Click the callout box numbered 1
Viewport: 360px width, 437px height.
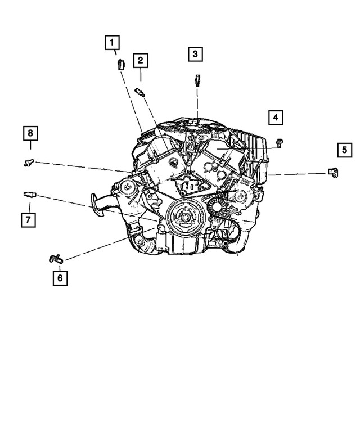coord(111,42)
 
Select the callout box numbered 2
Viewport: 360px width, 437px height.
coord(140,60)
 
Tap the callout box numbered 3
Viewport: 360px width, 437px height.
coord(195,54)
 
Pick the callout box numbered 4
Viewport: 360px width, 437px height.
coord(275,117)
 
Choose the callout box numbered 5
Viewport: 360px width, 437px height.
coord(345,150)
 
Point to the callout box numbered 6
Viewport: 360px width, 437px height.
coord(60,277)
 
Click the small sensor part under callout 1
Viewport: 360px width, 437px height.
coord(119,64)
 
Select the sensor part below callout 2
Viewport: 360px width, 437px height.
coord(141,92)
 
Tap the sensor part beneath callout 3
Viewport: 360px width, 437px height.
coord(197,79)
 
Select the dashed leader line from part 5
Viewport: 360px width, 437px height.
coord(298,174)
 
